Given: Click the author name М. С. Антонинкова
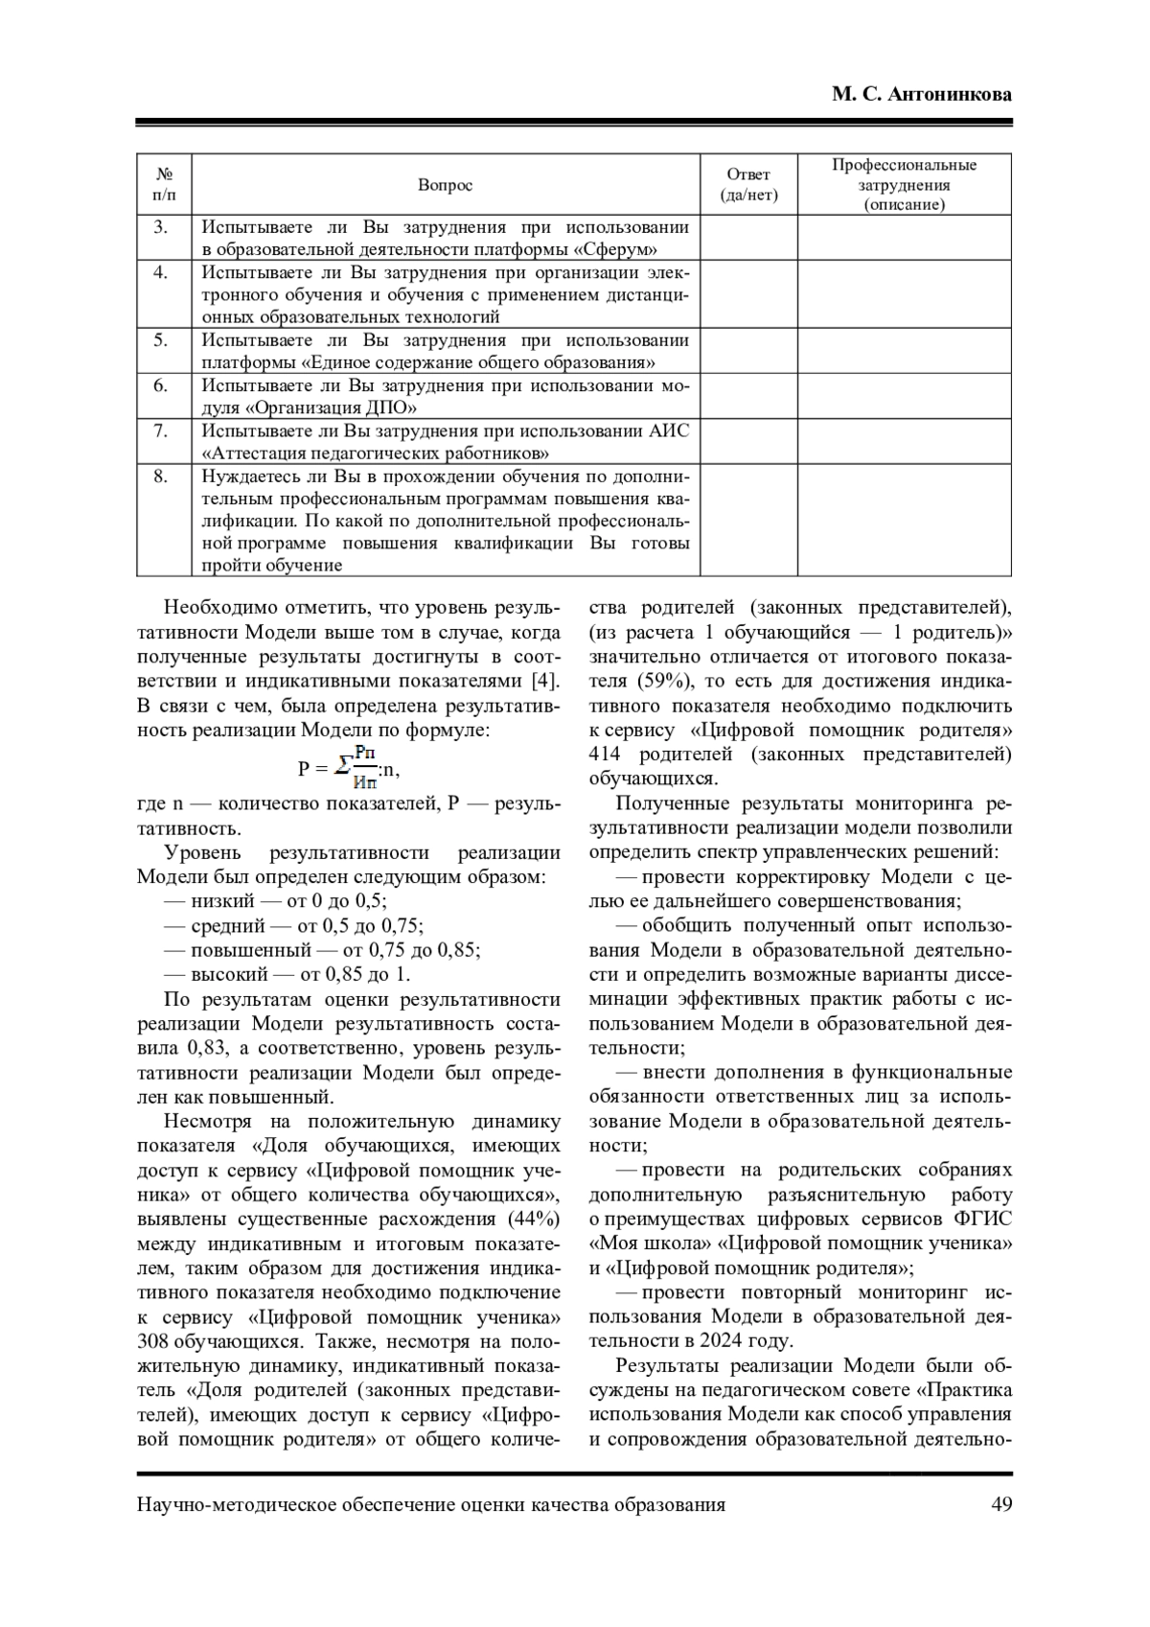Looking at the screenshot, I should [921, 95].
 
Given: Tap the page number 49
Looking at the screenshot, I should [1000, 1504].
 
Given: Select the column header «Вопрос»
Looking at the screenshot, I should [445, 185].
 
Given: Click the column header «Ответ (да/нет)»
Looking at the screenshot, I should [748, 185].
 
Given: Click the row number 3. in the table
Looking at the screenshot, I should [161, 227].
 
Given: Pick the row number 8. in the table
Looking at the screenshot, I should [161, 476].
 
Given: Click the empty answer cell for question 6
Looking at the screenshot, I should [748, 396].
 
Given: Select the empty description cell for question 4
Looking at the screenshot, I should [904, 294].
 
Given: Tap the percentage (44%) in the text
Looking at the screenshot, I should [527, 1220].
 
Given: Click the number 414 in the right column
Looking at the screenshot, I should [608, 755].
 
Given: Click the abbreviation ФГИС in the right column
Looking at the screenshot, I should [983, 1220].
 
